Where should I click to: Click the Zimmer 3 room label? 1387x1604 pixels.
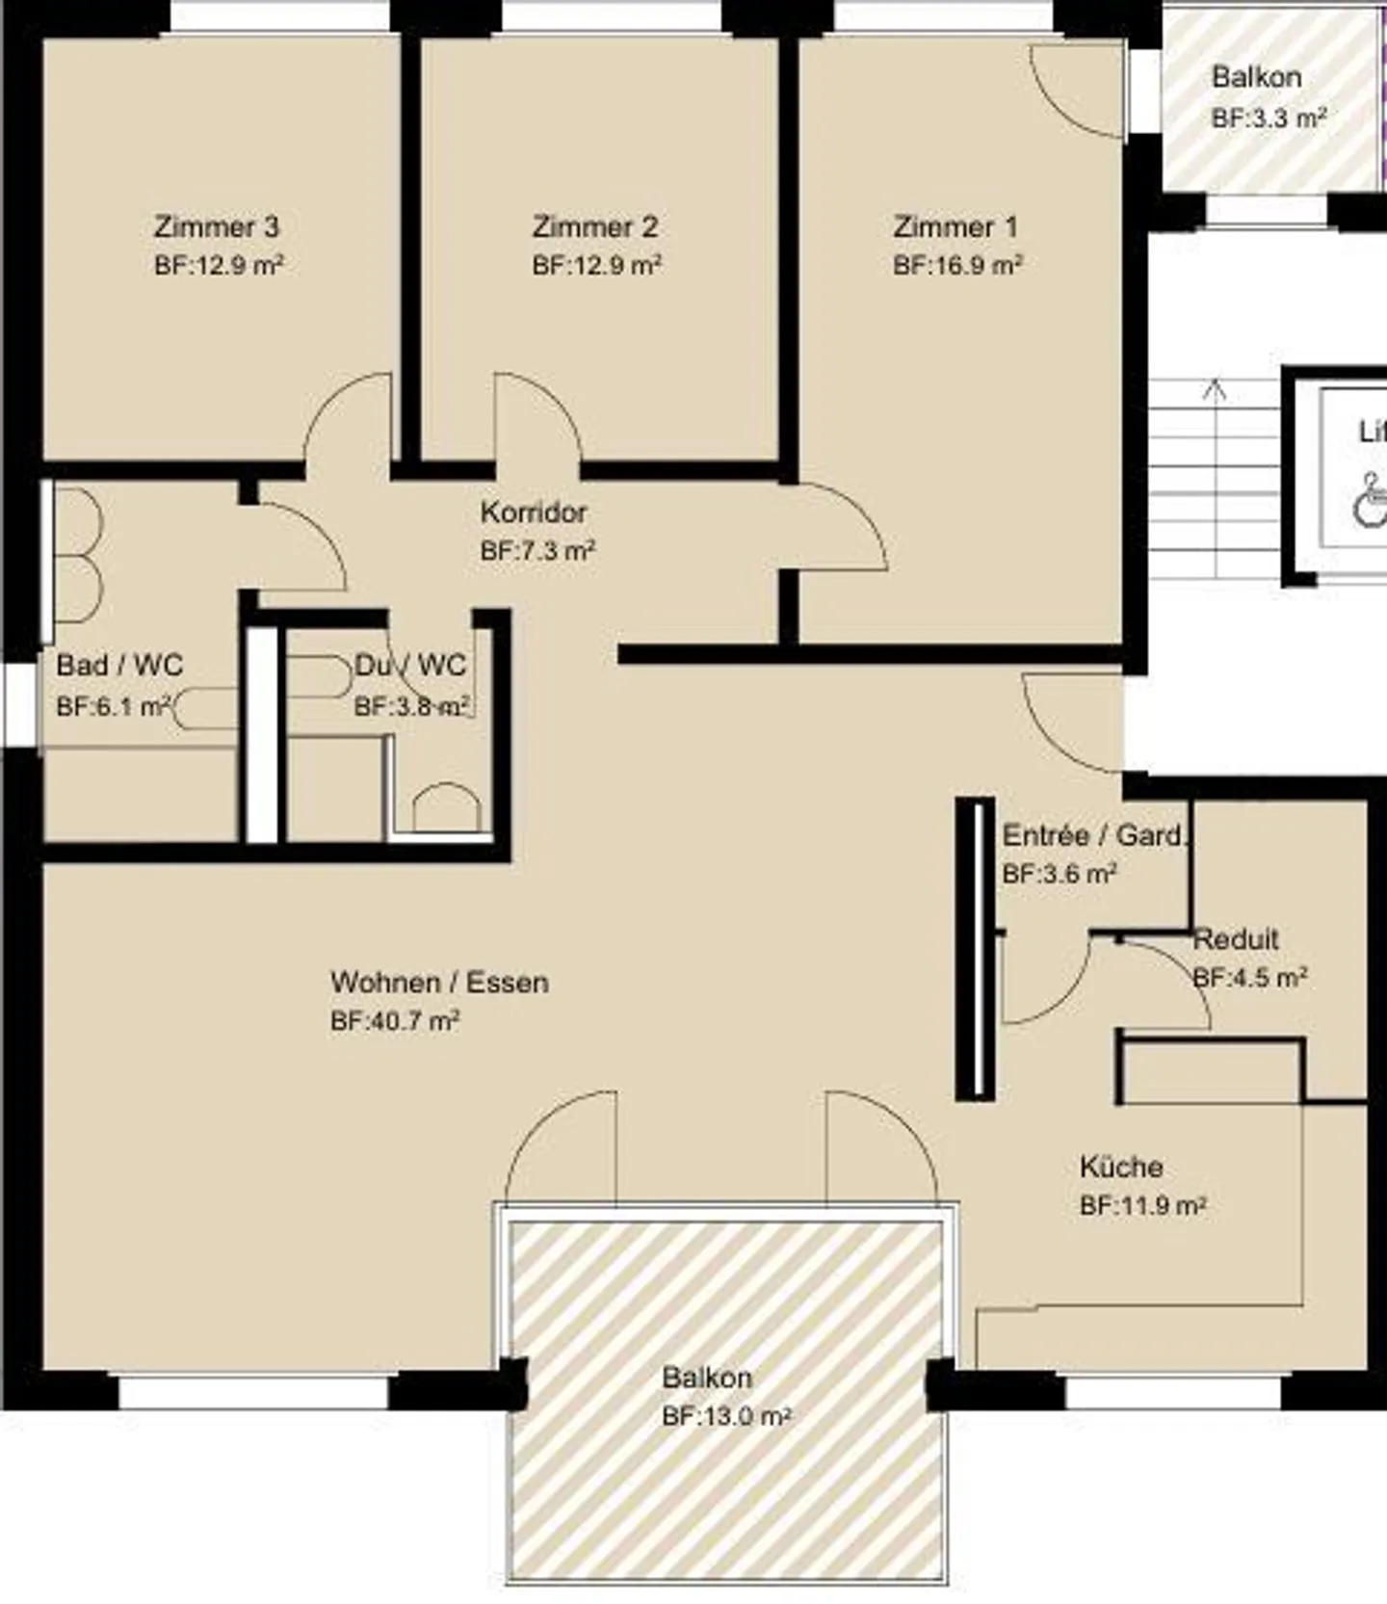point(217,227)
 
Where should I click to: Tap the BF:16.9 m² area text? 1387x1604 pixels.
point(956,266)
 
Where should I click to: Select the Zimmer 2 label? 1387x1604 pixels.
point(595,227)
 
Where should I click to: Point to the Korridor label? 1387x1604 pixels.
point(533,513)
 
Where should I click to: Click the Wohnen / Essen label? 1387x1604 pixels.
point(439,983)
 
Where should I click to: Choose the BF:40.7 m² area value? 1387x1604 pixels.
point(394,1021)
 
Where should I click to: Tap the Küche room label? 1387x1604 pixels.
point(1120,1168)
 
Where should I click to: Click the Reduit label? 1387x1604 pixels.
point(1236,939)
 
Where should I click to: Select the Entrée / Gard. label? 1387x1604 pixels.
point(1093,835)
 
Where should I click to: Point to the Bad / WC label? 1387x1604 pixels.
point(118,665)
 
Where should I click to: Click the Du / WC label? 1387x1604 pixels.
point(410,665)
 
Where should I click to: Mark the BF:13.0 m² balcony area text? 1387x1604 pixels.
point(725,1416)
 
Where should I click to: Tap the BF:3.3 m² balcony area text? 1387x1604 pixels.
point(1269,118)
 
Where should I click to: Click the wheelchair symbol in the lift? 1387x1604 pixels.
point(1368,498)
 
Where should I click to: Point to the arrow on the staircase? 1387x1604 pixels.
point(1215,390)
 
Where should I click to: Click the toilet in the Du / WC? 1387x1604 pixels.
point(446,807)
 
